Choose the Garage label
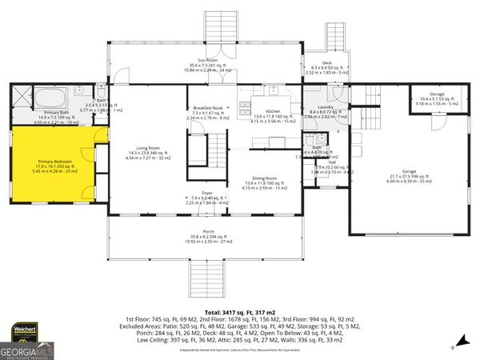(x=409, y=171)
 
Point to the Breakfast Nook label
(x=207, y=108)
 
